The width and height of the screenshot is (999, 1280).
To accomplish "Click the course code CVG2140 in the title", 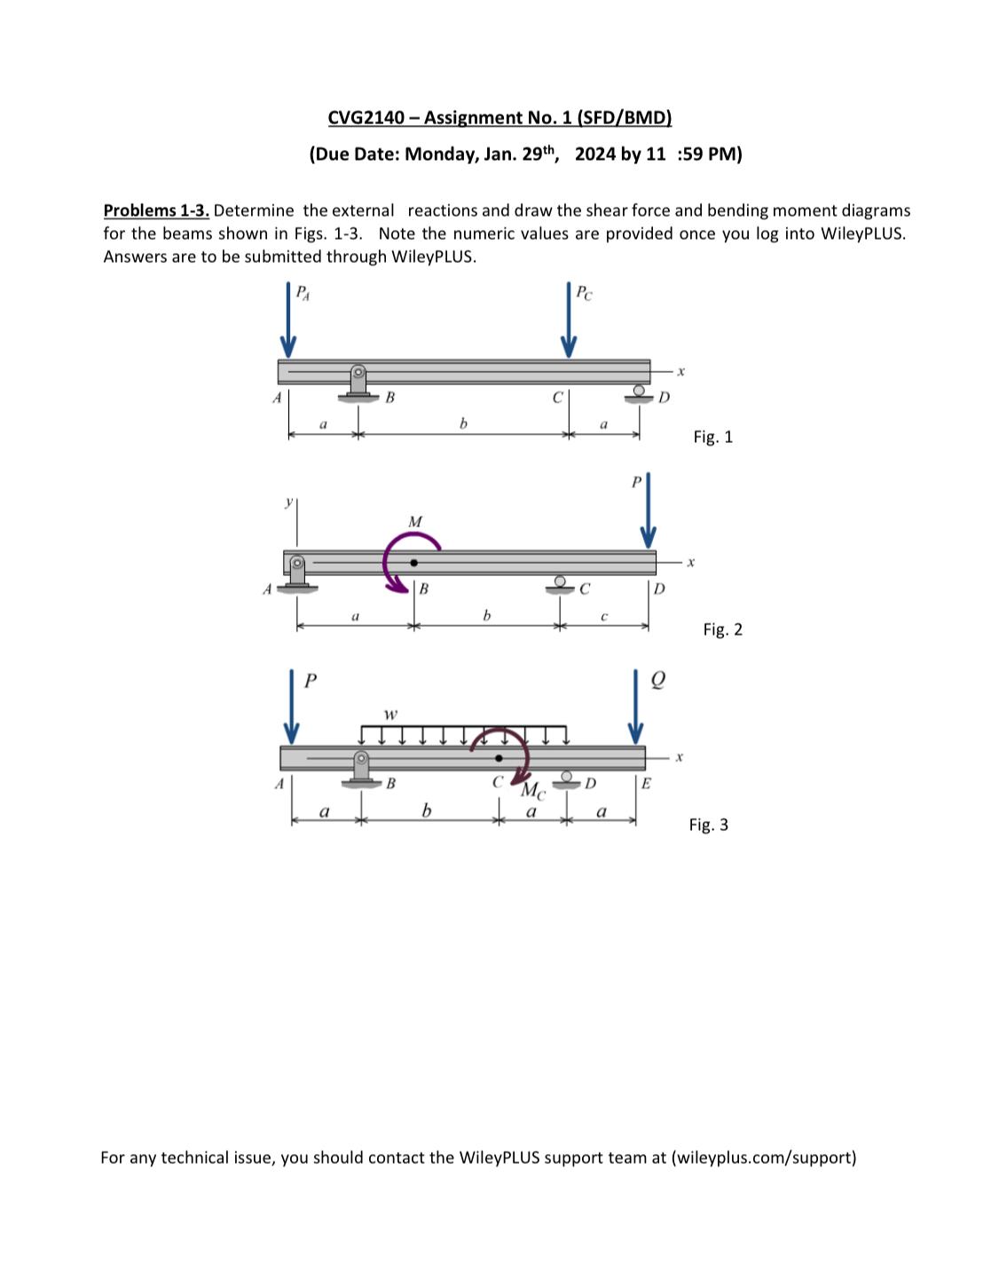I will coord(366,117).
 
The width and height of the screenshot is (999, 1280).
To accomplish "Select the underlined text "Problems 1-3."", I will coord(156,210).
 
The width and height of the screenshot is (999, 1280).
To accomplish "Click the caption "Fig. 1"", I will coord(712,437).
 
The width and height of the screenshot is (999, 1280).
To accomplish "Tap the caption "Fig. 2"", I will coord(722,629).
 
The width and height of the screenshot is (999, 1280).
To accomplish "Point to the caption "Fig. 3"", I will coord(708,825).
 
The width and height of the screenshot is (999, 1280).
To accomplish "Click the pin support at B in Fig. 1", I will coord(358,383).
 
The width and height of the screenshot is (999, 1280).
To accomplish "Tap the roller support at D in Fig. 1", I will coord(638,393).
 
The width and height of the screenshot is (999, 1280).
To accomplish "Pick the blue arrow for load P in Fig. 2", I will coord(649,511).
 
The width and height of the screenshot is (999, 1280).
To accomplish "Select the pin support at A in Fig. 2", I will coord(297,573).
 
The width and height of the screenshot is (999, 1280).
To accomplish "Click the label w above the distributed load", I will coord(390,714).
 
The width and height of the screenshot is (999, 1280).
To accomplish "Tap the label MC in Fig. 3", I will coord(531,790).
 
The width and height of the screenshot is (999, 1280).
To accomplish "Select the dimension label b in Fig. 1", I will coord(462,424).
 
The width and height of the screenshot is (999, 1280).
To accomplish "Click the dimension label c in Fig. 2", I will coord(603,615).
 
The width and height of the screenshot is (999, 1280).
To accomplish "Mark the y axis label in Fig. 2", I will coord(287,502).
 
